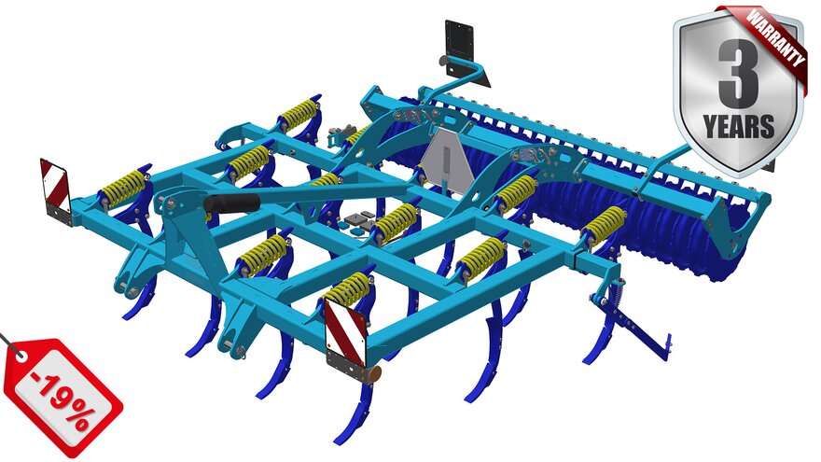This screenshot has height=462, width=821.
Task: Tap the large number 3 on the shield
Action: click(738, 70)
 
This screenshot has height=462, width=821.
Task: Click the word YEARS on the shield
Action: click(738, 126)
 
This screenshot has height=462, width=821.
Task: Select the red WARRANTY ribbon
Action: click(769, 39)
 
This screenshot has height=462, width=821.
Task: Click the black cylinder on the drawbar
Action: click(231, 203)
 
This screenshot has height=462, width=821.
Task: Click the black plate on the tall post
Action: click(459, 45)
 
